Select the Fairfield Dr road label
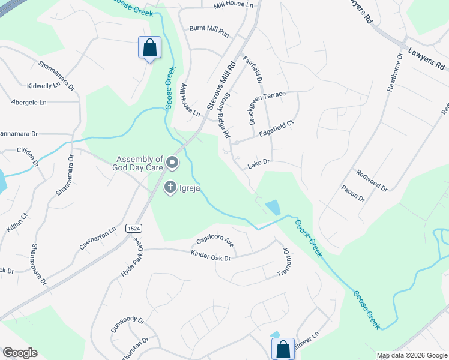point(252,69)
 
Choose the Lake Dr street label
point(259,163)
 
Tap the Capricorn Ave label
point(212,242)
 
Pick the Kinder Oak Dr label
point(211,256)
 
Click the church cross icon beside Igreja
point(170,188)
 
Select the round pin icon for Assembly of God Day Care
point(172,163)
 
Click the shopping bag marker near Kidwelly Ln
point(149,47)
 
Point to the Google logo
point(20,353)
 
